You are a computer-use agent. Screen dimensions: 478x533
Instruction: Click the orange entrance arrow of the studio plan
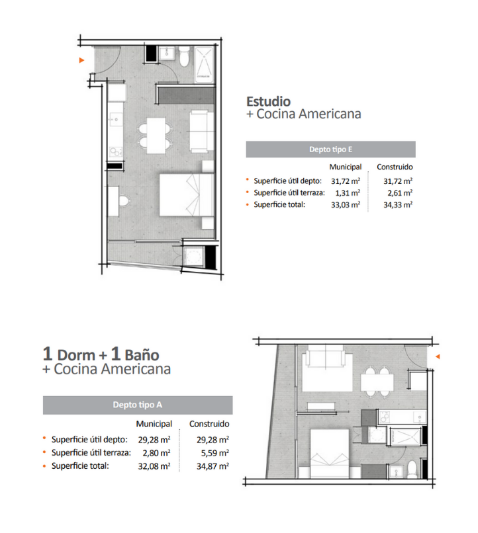[x=81, y=60]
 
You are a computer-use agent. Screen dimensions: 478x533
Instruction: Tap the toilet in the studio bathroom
[x=184, y=56]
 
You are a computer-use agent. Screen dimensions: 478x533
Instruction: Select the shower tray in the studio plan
[x=204, y=65]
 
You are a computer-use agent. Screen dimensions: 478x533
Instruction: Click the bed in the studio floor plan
[x=187, y=195]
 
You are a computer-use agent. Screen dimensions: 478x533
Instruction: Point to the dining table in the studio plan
[x=156, y=136]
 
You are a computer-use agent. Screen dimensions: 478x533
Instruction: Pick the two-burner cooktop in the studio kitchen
[x=116, y=151]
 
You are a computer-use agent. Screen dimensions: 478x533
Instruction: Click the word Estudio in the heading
[x=268, y=101]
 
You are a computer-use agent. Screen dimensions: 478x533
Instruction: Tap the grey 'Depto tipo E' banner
[x=330, y=149]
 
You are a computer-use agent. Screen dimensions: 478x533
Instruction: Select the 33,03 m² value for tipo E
[x=346, y=204]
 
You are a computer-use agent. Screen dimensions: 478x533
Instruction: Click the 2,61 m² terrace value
[x=400, y=192]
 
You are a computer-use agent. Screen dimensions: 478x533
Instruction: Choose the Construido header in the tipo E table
[x=395, y=167]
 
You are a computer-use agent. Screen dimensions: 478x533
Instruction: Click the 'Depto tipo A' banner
[x=138, y=405]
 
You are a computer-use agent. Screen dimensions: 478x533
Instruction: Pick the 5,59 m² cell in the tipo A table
[x=213, y=453]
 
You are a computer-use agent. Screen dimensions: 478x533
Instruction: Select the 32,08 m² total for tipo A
[x=154, y=466]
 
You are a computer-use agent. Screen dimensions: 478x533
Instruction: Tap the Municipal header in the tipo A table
[x=154, y=424]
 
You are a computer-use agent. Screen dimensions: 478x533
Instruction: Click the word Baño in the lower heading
[x=142, y=355]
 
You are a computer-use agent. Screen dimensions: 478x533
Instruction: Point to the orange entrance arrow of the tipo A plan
[x=438, y=356]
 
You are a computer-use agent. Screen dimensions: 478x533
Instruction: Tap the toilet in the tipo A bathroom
[x=412, y=469]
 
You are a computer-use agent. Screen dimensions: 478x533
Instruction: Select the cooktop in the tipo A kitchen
[x=385, y=417]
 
